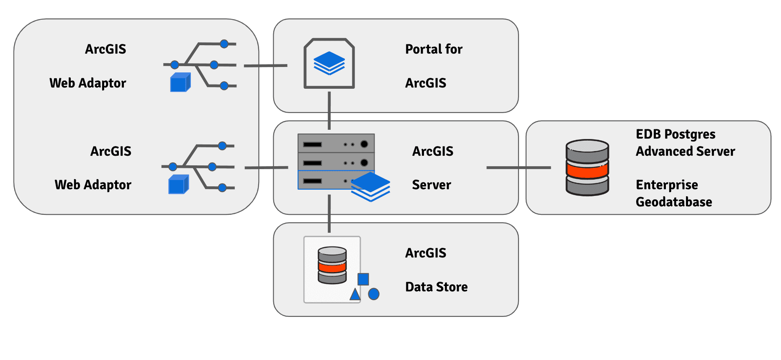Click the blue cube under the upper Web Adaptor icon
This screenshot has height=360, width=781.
click(x=180, y=82)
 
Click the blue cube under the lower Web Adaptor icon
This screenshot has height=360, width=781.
click(x=179, y=185)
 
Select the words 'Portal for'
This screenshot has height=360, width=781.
click(x=434, y=49)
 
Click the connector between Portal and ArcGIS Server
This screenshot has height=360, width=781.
click(x=329, y=111)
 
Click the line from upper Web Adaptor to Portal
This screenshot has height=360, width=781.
click(x=265, y=66)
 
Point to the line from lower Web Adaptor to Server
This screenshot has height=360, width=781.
click(x=266, y=168)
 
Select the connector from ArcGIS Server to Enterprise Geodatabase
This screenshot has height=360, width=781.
click(x=518, y=167)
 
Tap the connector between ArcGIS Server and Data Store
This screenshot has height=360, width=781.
click(x=329, y=213)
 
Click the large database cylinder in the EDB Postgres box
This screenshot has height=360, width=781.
click(x=587, y=167)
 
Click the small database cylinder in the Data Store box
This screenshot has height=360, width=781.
click(x=332, y=265)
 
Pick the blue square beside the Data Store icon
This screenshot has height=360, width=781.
click(x=363, y=279)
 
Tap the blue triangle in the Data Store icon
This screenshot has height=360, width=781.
click(x=355, y=295)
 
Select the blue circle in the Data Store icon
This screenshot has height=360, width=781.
click(x=374, y=294)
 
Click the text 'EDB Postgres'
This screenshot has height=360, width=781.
click(x=675, y=134)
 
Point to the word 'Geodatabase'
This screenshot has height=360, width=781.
click(x=673, y=202)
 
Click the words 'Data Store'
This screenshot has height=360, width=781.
click(x=436, y=287)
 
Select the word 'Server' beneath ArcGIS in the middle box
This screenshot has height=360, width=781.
click(x=431, y=185)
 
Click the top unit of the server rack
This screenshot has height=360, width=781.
click(x=336, y=144)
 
